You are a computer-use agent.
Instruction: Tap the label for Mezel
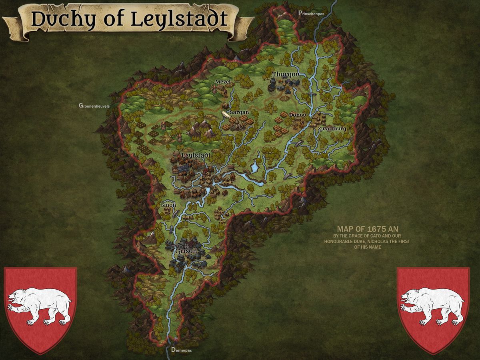(x=223, y=82)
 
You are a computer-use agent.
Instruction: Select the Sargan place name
(x=239, y=112)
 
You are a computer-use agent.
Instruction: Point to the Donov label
(x=297, y=115)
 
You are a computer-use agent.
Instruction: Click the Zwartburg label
(x=332, y=129)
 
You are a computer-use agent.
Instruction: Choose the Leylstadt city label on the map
(x=196, y=155)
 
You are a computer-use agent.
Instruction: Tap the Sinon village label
(x=168, y=205)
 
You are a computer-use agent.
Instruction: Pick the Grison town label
(x=186, y=251)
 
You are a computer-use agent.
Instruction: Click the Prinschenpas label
(x=311, y=13)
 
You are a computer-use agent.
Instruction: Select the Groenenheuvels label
(x=94, y=106)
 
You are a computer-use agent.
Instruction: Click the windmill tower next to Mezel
(x=214, y=90)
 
